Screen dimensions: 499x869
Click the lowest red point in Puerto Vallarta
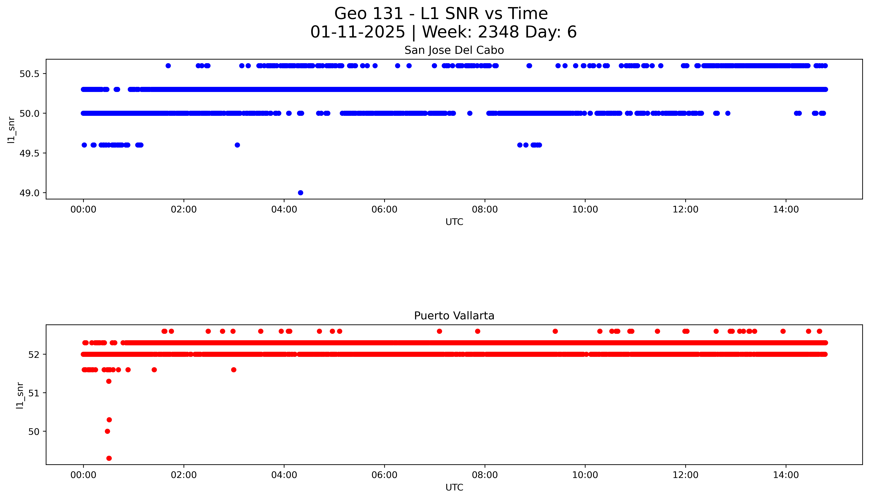(x=109, y=458)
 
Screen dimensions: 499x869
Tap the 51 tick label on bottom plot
(x=34, y=393)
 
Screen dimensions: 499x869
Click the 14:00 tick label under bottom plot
(x=786, y=475)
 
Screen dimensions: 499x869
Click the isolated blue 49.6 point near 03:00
(x=237, y=145)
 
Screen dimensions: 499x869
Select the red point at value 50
(x=107, y=431)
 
